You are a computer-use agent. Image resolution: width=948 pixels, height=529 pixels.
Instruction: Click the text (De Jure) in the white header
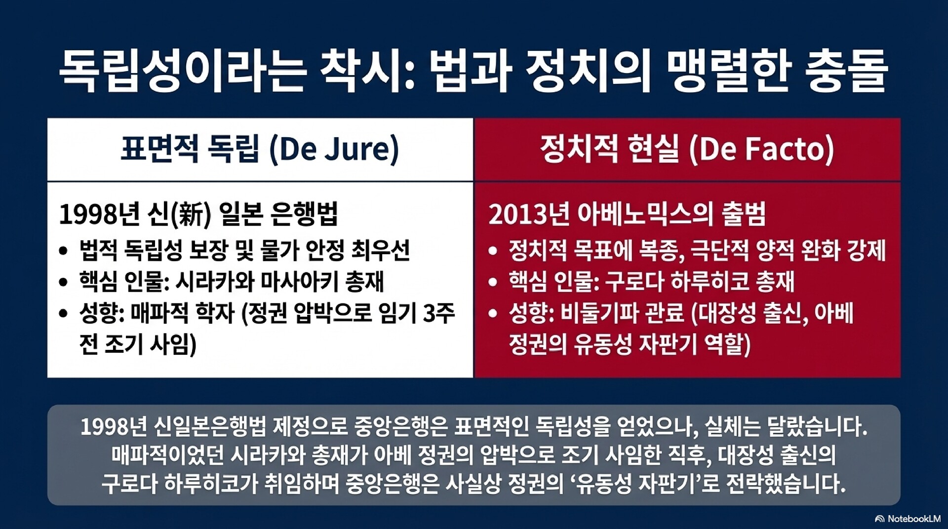pos(334,150)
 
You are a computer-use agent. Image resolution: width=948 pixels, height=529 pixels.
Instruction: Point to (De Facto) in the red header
pos(761,150)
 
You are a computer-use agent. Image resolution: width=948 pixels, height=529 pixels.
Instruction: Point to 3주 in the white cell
pos(439,313)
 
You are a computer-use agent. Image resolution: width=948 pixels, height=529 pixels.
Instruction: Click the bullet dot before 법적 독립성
pos(63,251)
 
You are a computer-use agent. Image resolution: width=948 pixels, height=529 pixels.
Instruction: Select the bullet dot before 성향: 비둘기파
pos(492,313)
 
